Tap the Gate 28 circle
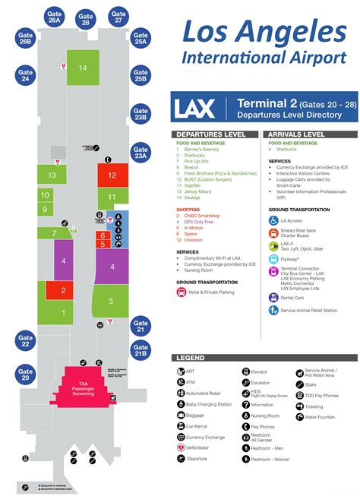[x=86, y=17]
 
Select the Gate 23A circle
[x=140, y=151]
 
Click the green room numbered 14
[x=83, y=69]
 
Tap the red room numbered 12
[x=112, y=175]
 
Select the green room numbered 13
[x=52, y=175]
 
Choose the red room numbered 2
[x=63, y=290]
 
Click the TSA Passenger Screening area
[x=83, y=371]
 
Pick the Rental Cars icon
[x=274, y=298]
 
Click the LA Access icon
[x=274, y=220]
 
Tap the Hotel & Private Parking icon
[x=181, y=291]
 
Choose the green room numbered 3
[x=111, y=302]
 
